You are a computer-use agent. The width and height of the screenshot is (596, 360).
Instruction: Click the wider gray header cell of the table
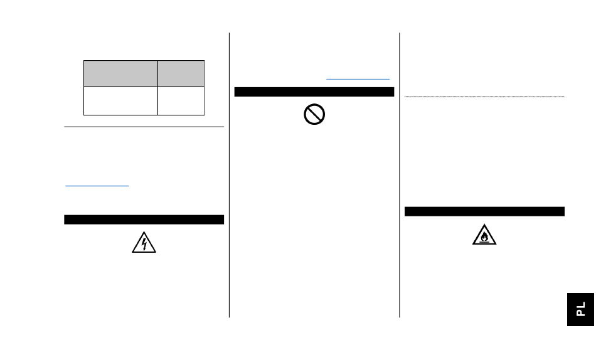pos(120,73)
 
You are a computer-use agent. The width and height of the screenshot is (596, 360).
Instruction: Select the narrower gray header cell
pos(181,73)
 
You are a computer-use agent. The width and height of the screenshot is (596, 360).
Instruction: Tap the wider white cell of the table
pos(120,101)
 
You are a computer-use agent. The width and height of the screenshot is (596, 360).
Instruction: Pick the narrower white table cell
pos(181,101)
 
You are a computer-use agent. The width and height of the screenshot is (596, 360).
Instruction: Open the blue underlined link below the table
pos(97,186)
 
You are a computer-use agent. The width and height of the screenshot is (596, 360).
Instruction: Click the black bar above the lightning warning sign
pos(144,220)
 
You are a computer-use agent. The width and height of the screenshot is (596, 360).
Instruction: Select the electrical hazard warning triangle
pos(144,243)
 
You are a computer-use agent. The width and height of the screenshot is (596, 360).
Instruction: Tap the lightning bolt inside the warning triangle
pos(144,244)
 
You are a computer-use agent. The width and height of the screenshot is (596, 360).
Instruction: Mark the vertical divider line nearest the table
pos(229,176)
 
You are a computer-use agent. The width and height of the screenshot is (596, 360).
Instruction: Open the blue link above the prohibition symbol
pos(358,79)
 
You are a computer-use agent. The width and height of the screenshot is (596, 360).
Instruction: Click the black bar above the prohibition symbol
pos(314,92)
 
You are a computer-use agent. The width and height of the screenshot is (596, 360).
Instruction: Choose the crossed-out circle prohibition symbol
pos(314,114)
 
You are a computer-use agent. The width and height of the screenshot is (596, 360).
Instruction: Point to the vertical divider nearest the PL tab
pos(400,176)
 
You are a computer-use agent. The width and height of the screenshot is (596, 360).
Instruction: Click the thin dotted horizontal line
pos(484,97)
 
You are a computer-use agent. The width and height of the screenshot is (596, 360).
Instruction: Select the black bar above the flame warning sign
pos(484,211)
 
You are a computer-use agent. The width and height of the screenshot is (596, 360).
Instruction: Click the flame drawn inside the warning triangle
pos(484,237)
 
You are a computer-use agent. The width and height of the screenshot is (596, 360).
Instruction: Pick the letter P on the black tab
pos(581,312)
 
